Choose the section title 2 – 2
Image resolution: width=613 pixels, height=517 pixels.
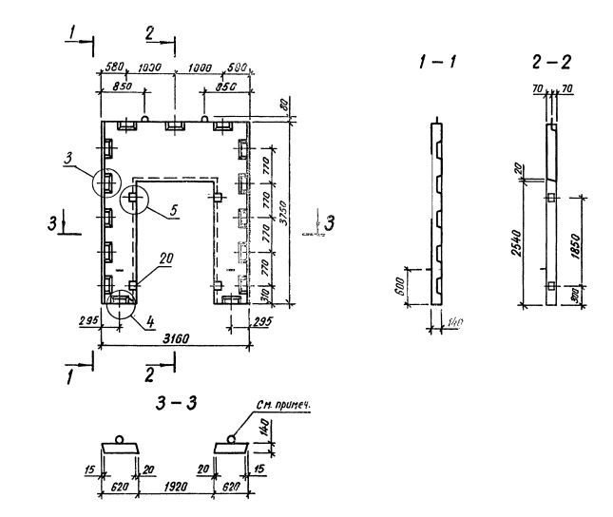[552, 63]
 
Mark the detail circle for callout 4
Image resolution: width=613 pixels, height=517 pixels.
[121, 302]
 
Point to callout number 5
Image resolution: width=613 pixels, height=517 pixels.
[175, 211]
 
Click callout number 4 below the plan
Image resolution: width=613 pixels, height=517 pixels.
[150, 320]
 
